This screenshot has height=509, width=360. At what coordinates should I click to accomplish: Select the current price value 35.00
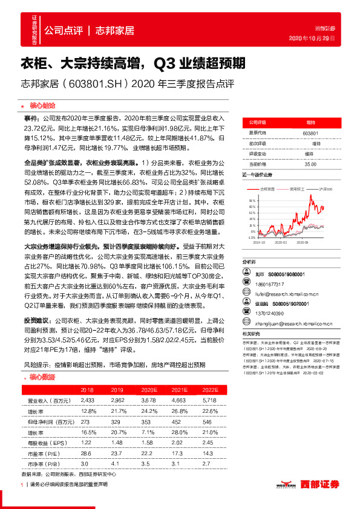pos(310,164)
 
